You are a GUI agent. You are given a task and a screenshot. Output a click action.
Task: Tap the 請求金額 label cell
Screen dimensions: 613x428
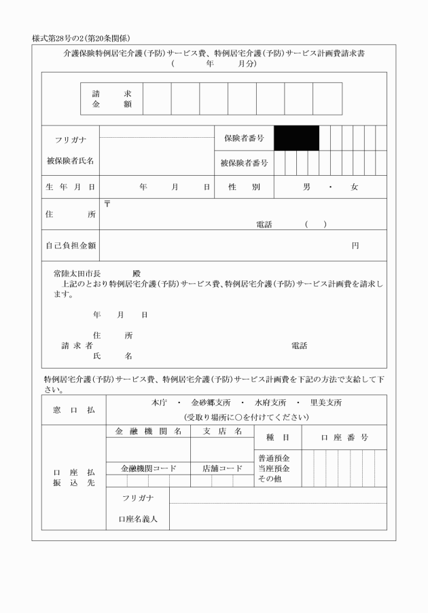(x=111, y=99)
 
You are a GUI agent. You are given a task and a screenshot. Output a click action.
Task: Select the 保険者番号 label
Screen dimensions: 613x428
(x=243, y=138)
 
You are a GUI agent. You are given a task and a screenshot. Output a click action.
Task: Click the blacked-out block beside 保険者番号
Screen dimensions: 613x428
(x=297, y=138)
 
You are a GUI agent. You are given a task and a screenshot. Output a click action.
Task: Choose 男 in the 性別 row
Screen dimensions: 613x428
(x=306, y=187)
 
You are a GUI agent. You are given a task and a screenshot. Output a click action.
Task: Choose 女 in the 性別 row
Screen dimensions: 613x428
(x=354, y=187)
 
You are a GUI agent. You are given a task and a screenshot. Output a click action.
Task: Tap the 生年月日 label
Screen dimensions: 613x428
(x=70, y=187)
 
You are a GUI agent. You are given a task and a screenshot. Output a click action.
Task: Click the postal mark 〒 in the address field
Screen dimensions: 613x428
(x=107, y=204)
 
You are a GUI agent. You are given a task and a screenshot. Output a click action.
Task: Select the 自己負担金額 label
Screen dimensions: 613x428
(x=70, y=245)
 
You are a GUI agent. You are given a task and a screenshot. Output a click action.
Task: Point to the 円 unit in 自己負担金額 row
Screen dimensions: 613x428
(x=355, y=245)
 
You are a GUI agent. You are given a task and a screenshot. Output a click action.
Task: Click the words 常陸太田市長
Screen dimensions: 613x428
(x=77, y=273)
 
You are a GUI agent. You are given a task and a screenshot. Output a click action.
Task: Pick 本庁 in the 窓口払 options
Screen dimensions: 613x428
(x=160, y=403)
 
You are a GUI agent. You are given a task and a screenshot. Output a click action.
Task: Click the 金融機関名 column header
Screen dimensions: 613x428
(x=148, y=431)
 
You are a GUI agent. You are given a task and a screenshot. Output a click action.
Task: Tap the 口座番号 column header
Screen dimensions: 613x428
(x=344, y=438)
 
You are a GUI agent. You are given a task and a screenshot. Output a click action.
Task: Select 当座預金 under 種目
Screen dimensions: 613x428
(x=274, y=468)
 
